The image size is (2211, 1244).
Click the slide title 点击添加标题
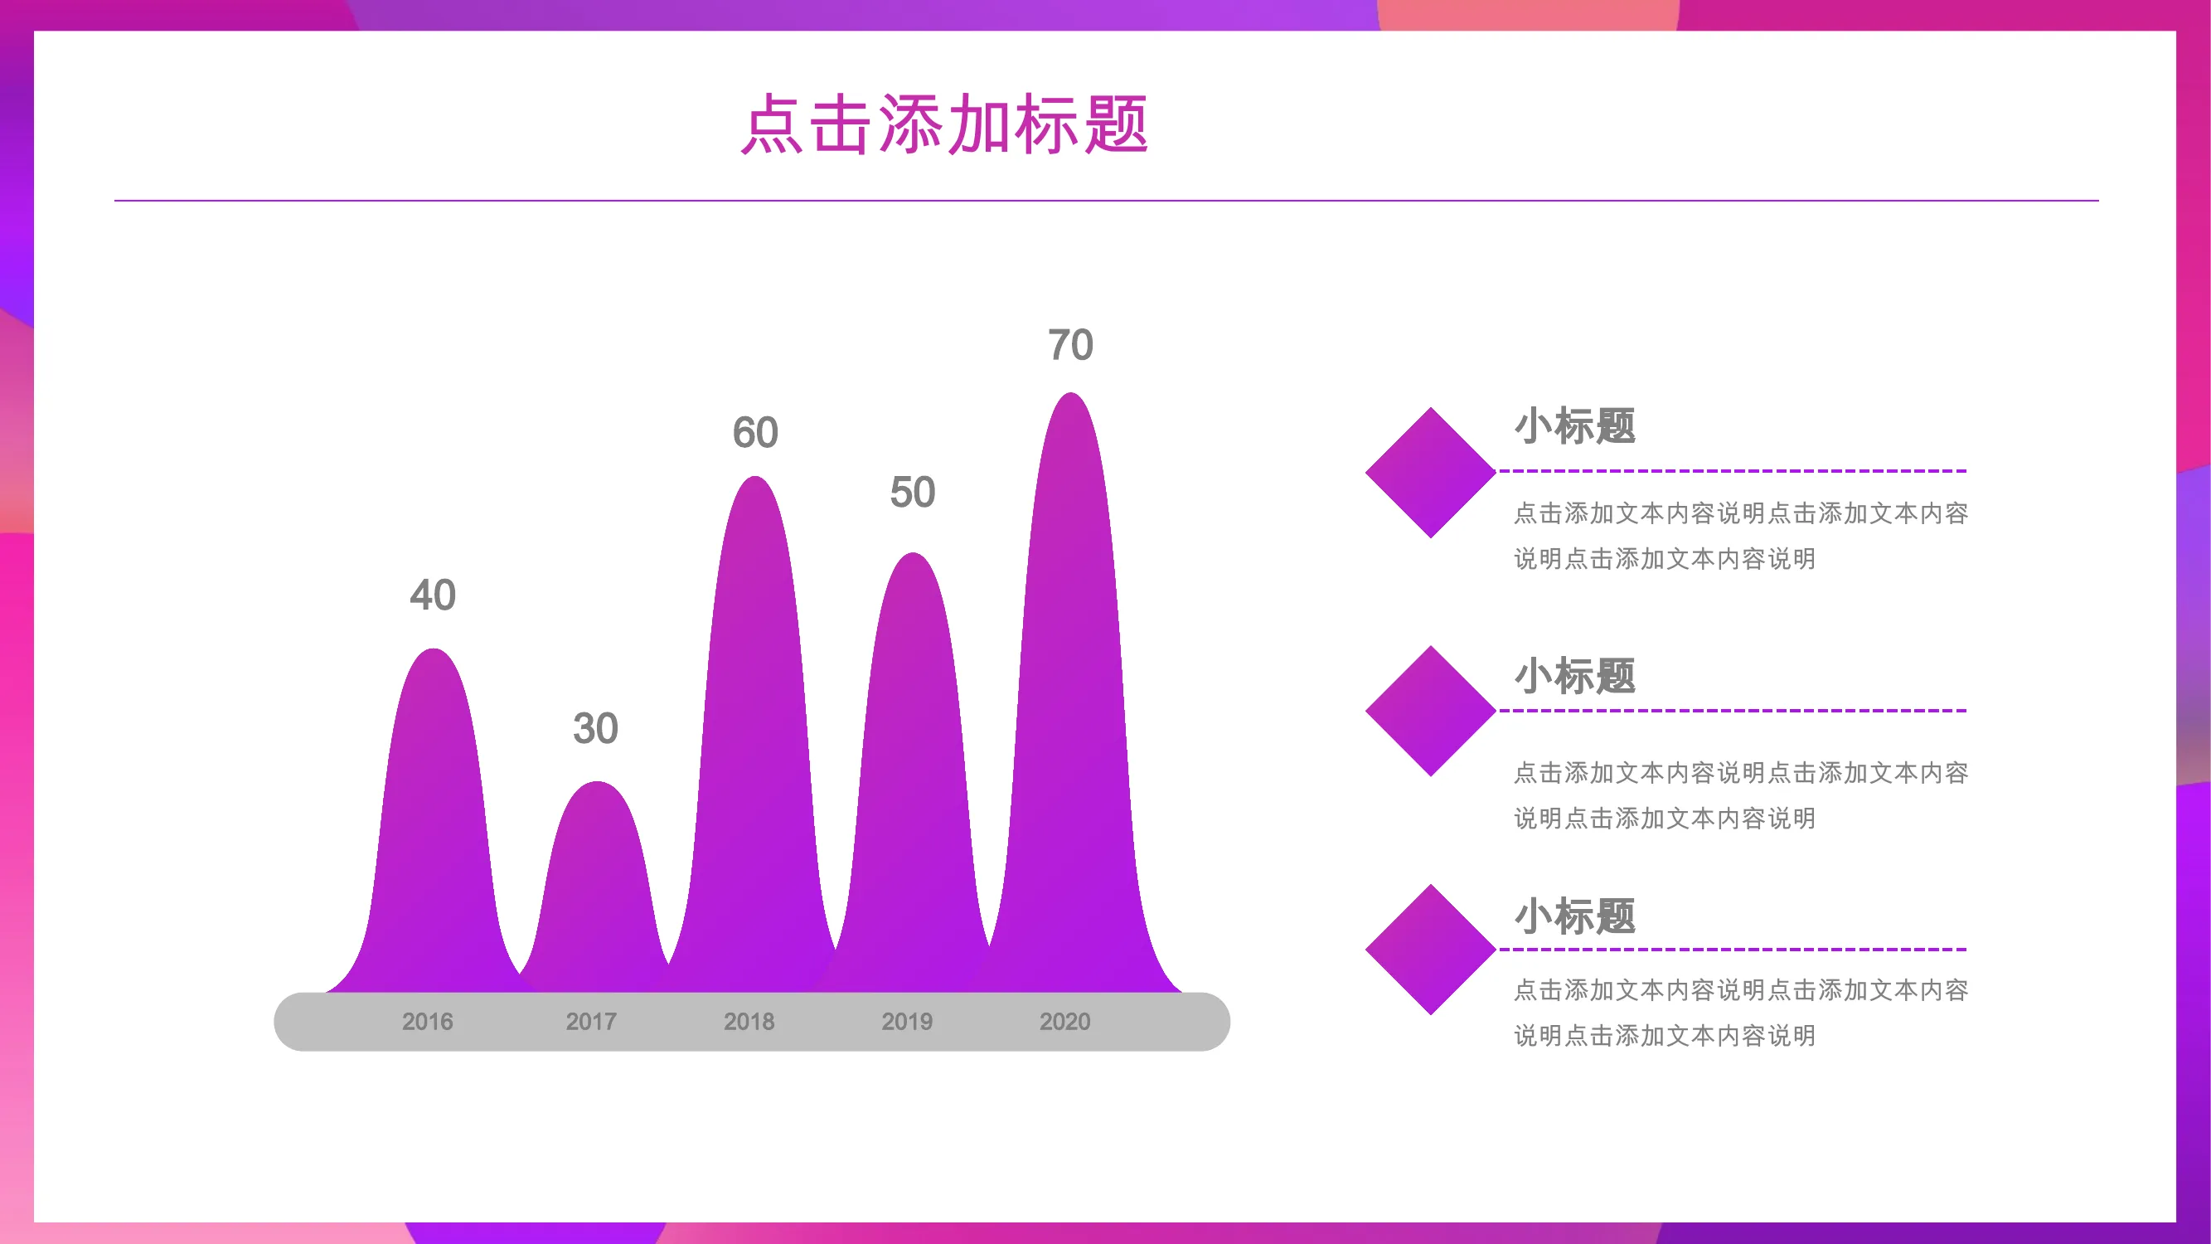tap(944, 124)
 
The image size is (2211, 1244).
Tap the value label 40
tap(433, 595)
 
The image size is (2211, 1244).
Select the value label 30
tap(596, 728)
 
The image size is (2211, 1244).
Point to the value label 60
tap(755, 432)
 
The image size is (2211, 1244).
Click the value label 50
tap(913, 492)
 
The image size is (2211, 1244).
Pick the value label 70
tap(1070, 344)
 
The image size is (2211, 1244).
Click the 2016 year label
tap(428, 1022)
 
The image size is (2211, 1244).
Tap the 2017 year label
tap(590, 1022)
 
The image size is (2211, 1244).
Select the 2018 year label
tap(749, 1022)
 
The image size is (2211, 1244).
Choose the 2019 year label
tap(906, 1022)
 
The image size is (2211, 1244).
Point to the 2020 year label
tap(1064, 1022)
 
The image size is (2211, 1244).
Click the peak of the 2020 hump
tap(1071, 393)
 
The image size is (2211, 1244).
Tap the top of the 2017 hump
tap(597, 782)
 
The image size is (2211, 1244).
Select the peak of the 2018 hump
tap(754, 477)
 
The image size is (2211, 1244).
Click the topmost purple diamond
tap(1431, 472)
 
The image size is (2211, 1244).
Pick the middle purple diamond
tap(1431, 711)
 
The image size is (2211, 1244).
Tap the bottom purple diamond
tap(1431, 950)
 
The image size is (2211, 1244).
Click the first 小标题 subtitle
tap(1575, 425)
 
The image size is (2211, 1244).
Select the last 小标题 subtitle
tap(1575, 916)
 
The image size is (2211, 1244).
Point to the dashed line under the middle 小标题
tap(1732, 711)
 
